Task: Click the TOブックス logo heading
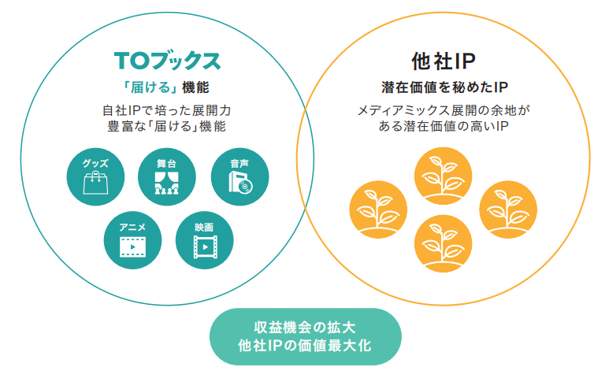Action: [x=166, y=61]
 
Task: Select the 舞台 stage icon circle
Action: [x=166, y=177]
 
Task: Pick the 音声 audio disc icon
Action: [x=239, y=177]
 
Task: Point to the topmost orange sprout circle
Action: [x=443, y=175]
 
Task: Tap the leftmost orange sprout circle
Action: [x=377, y=210]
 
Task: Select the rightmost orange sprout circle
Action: [x=508, y=210]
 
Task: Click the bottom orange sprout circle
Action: [x=443, y=243]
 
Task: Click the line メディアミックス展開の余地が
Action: [x=444, y=109]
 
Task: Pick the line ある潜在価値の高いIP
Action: [x=444, y=126]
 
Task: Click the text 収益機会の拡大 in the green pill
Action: [x=305, y=328]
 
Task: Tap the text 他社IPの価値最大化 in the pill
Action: [x=305, y=346]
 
